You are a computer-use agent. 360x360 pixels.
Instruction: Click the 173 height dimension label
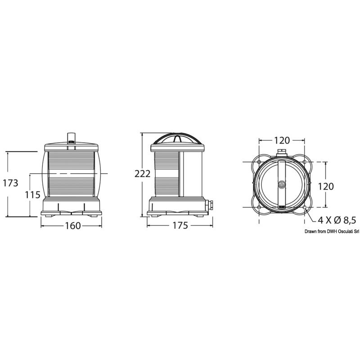(x=10, y=183)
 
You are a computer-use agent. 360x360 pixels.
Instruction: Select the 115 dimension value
(x=32, y=195)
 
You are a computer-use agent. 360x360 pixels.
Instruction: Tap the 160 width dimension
(x=73, y=226)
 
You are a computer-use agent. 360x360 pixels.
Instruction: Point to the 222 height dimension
(x=142, y=174)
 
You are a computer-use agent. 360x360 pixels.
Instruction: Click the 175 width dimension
(x=180, y=225)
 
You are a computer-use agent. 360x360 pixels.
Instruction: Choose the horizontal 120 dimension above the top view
(x=282, y=140)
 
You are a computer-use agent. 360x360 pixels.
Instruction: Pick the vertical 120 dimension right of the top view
(x=325, y=186)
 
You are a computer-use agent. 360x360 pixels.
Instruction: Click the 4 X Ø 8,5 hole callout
(x=337, y=220)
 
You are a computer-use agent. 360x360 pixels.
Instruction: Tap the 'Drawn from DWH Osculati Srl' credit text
(x=332, y=232)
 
